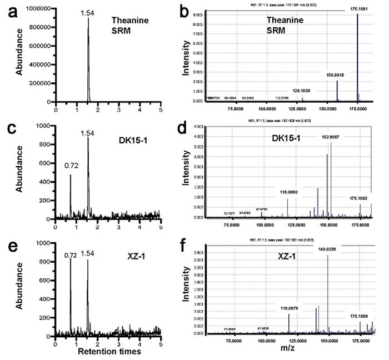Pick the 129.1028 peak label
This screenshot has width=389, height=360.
coord(302,90)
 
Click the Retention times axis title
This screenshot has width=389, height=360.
coord(108,352)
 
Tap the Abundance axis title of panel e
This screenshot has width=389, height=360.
coord(19,289)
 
